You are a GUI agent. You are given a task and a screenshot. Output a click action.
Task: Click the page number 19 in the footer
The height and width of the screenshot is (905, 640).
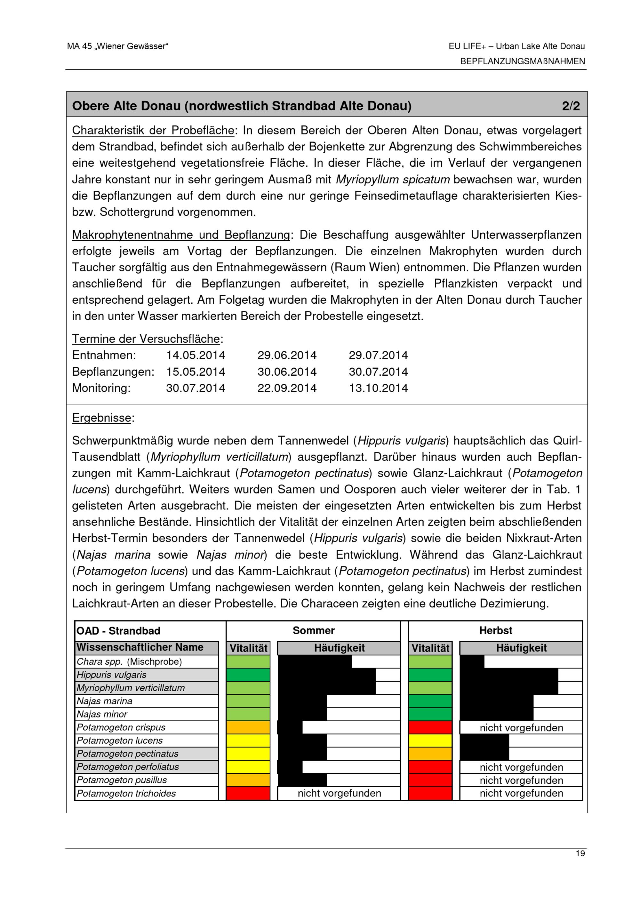(x=580, y=853)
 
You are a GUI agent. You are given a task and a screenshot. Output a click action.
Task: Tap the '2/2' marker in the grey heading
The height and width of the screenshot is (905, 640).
(x=571, y=106)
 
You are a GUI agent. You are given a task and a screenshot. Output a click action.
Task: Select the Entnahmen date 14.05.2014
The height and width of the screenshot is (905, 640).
(x=196, y=355)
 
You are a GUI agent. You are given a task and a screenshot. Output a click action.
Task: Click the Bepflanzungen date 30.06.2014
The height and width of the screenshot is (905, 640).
(x=287, y=372)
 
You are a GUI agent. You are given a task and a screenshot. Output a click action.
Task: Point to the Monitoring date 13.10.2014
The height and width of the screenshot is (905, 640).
(x=378, y=388)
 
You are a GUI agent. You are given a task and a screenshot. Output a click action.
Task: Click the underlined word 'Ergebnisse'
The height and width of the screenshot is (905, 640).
(x=102, y=418)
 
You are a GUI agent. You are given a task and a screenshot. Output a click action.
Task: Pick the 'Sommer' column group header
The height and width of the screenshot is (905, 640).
(x=313, y=630)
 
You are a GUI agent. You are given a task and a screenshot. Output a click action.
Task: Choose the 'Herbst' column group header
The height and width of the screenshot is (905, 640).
(x=495, y=630)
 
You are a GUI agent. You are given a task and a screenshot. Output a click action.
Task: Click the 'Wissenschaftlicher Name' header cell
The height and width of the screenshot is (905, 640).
(x=140, y=647)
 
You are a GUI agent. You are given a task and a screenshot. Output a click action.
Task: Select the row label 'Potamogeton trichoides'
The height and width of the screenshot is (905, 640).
(x=126, y=793)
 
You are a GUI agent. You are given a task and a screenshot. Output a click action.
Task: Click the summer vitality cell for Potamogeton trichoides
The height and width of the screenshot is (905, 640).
(x=248, y=793)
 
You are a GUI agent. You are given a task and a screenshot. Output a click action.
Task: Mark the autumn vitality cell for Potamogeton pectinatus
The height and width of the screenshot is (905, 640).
(x=430, y=754)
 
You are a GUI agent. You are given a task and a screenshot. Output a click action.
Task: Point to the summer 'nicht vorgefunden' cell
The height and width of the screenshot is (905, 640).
(x=339, y=793)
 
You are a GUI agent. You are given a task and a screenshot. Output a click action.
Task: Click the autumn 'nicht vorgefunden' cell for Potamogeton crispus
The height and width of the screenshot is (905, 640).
(x=521, y=728)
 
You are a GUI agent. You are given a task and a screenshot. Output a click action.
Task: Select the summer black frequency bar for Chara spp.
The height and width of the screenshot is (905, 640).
(x=315, y=661)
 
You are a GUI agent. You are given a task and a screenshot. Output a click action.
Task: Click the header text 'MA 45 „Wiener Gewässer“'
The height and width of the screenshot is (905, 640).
(x=117, y=46)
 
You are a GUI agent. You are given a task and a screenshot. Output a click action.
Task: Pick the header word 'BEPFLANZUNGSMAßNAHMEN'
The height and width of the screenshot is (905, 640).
(x=522, y=61)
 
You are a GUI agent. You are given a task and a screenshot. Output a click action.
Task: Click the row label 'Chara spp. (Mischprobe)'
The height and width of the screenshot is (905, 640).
(x=129, y=661)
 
